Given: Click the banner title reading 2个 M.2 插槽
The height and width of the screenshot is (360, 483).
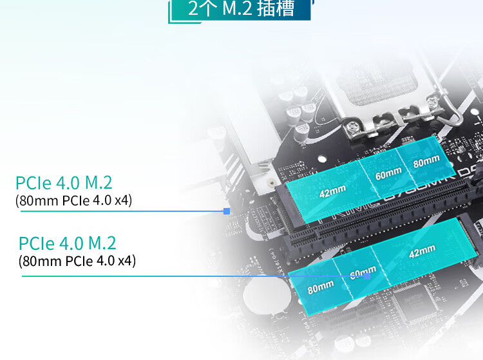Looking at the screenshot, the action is (241, 10).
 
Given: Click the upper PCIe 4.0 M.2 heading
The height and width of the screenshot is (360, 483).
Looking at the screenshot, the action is (68, 182).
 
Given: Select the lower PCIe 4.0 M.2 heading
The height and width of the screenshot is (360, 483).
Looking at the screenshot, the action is (68, 243).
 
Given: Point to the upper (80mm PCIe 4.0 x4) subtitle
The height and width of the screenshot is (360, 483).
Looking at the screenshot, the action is (73, 200).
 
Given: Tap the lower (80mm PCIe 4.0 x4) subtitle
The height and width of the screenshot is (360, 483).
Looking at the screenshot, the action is (77, 261).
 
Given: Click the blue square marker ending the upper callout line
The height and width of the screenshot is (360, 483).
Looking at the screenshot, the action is (226, 211).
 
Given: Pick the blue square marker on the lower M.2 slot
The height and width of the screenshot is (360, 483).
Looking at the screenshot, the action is (367, 276).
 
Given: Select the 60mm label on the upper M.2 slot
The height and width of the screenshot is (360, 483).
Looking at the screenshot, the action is (388, 173).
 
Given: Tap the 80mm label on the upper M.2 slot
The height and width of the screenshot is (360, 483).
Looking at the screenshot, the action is (426, 162).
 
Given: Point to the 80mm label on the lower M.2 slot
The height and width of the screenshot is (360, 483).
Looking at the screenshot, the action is (321, 287).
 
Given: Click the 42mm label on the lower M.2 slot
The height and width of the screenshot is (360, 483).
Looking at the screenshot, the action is (422, 251).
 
